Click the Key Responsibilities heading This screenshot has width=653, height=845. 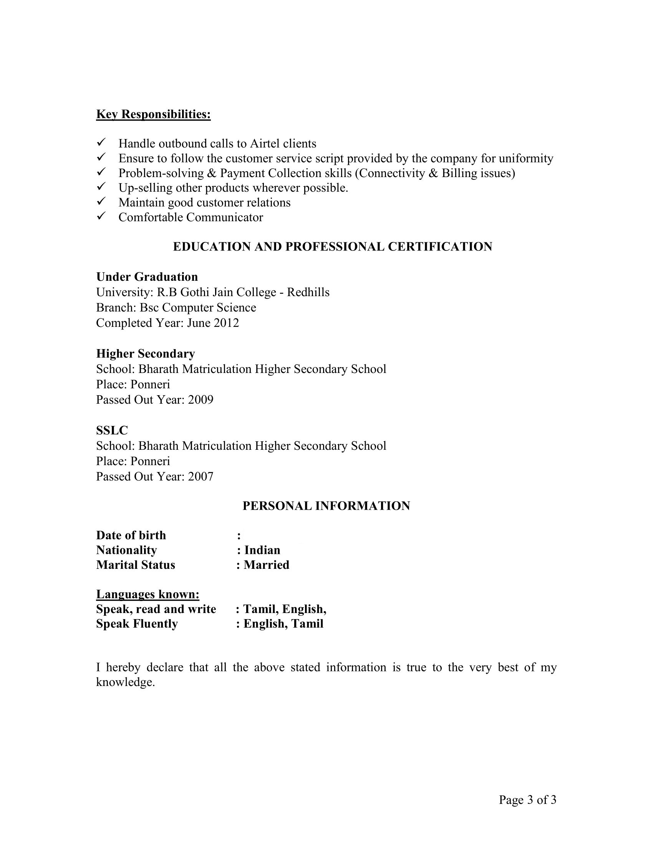pyautogui.click(x=153, y=114)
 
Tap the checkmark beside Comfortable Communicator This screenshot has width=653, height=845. pyautogui.click(x=101, y=217)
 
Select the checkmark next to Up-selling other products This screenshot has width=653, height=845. pyautogui.click(x=101, y=187)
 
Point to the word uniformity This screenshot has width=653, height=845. pyautogui.click(x=526, y=159)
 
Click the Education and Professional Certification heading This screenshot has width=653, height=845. pyautogui.click(x=332, y=247)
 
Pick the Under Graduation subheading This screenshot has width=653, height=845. pyautogui.click(x=147, y=277)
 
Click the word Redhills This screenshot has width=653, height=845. pyautogui.click(x=308, y=293)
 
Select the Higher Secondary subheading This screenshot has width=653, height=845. pyautogui.click(x=146, y=354)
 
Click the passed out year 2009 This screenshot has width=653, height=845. pyautogui.click(x=201, y=400)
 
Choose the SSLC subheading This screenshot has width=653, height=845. pyautogui.click(x=112, y=430)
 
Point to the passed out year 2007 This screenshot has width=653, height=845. pyautogui.click(x=201, y=477)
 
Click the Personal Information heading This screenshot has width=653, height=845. pyautogui.click(x=326, y=506)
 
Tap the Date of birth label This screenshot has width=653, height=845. pyautogui.click(x=131, y=535)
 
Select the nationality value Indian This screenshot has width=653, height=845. pyautogui.click(x=262, y=550)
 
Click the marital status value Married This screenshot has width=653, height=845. pyautogui.click(x=266, y=565)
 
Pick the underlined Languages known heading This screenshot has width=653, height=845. pyautogui.click(x=148, y=594)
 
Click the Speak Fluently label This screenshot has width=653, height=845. pyautogui.click(x=137, y=624)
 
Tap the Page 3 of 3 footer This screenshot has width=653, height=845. pyautogui.click(x=527, y=800)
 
